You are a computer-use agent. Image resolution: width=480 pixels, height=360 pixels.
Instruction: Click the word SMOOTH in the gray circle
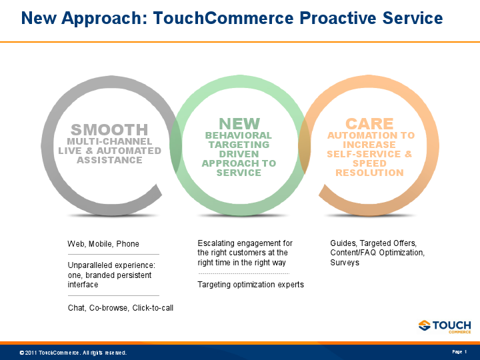(109, 130)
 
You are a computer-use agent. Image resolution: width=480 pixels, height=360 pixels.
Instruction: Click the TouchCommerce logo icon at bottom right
(425, 325)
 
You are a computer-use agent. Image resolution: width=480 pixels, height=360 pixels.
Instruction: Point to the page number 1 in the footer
(465, 351)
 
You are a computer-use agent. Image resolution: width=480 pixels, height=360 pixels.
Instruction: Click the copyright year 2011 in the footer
(31, 352)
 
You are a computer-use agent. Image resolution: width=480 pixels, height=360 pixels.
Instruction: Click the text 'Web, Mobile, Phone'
(103, 244)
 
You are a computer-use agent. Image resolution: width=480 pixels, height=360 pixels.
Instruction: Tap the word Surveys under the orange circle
(345, 263)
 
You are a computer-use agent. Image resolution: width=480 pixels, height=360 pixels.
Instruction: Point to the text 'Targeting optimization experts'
(251, 285)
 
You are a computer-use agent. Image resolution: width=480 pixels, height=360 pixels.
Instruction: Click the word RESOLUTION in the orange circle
(369, 173)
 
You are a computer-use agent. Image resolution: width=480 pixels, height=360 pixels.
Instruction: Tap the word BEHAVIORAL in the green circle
(239, 135)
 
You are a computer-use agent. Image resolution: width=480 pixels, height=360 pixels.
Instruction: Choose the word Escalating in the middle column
(217, 243)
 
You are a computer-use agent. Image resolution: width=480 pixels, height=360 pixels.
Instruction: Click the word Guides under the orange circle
(343, 243)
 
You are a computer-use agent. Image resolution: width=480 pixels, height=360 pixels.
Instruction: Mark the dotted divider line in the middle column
(243, 274)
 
